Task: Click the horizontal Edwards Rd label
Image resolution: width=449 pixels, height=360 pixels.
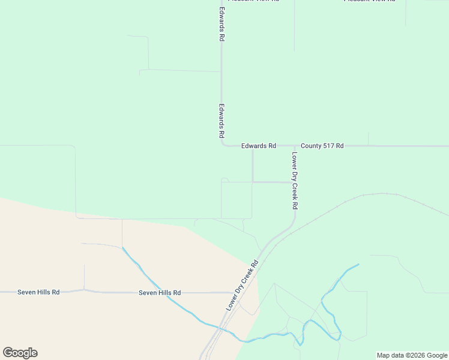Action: pos(259,146)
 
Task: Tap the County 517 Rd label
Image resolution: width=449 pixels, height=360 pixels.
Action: pos(322,146)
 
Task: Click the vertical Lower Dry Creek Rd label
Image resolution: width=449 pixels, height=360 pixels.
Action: pos(295,181)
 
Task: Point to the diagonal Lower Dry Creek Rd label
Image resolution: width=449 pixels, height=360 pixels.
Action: pos(242,285)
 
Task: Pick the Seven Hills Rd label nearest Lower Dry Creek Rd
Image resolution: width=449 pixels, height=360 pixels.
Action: pos(160,293)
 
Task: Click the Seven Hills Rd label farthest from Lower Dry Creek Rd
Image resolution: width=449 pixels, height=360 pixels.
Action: pos(38,292)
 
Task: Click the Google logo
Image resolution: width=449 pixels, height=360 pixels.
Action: pos(20,353)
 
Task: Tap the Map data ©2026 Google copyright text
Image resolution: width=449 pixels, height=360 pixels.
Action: pos(412,355)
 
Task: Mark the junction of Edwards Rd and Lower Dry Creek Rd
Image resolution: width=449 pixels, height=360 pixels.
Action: pos(295,146)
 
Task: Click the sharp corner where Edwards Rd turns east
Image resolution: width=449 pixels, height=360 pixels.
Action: pos(223,144)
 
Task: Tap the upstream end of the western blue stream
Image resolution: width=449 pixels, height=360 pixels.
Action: pos(122,248)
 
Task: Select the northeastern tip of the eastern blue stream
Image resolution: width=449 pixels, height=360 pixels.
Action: pos(358,265)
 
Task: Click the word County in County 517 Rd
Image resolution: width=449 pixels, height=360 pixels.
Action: pos(312,146)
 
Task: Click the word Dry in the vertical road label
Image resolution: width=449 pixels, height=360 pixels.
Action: pos(295,178)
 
